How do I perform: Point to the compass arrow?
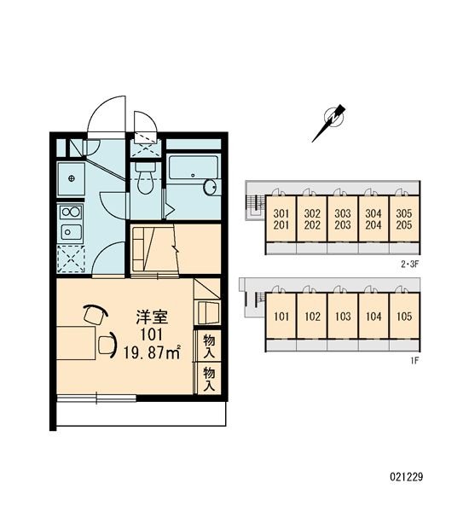(328, 122)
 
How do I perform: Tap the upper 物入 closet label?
(207, 344)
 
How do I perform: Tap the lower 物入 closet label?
(207, 377)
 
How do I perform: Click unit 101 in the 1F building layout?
(281, 317)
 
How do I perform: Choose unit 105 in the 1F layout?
(404, 317)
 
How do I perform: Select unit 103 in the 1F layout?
(343, 317)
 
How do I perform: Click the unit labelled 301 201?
(281, 219)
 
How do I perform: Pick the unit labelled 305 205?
(404, 219)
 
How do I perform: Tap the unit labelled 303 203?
(343, 219)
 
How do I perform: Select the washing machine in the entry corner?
(69, 177)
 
